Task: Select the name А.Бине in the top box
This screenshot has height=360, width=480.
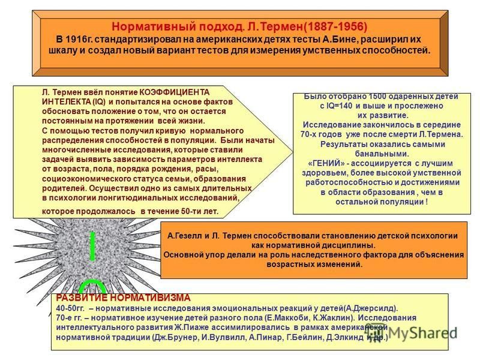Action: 341,40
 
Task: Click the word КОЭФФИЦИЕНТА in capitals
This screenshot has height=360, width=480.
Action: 175,92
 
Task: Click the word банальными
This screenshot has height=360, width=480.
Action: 382,154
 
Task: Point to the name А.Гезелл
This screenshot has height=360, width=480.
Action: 185,236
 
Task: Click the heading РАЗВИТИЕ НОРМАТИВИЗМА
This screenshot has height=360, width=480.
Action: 123,298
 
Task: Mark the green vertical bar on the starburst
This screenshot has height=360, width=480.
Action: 92,247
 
